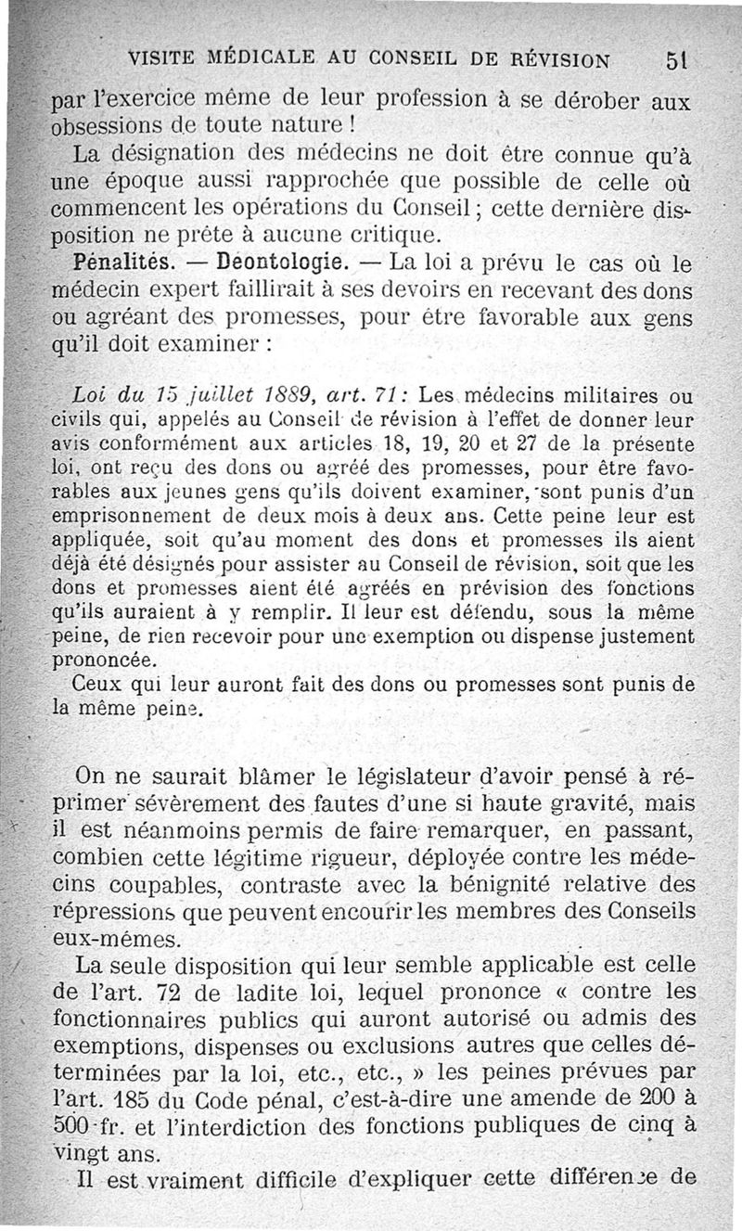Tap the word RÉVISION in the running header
click(x=553, y=60)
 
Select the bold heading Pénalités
click(x=102, y=263)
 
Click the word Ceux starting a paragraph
click(x=92, y=686)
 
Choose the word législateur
click(x=348, y=776)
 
